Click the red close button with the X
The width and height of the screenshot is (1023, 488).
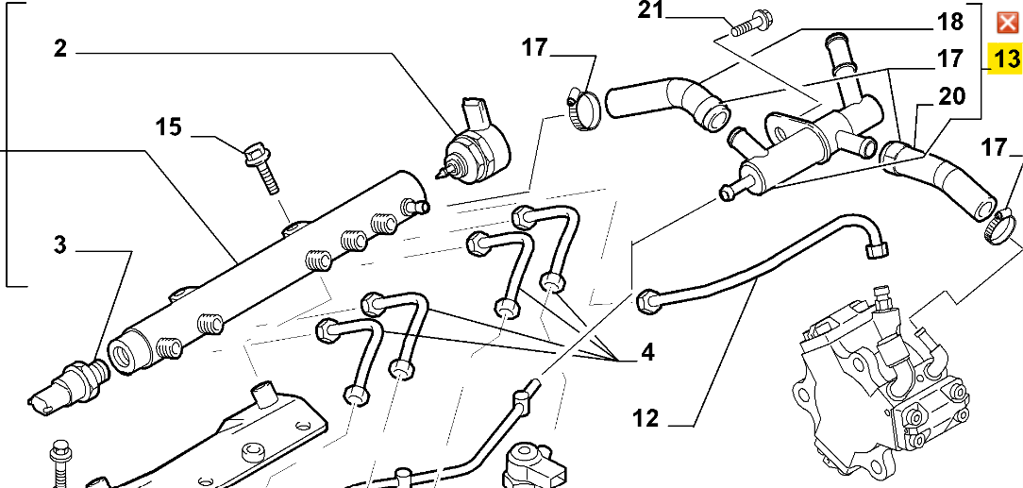[1007, 23]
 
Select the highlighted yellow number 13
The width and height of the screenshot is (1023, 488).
[1006, 59]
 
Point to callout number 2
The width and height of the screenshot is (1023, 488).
[60, 49]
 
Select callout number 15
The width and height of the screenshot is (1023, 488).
[168, 127]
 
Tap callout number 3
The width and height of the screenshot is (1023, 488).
[59, 245]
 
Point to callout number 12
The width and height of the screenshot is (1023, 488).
[646, 417]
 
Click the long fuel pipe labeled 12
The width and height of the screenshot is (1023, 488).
[764, 259]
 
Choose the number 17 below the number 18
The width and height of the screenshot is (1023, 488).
[948, 59]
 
